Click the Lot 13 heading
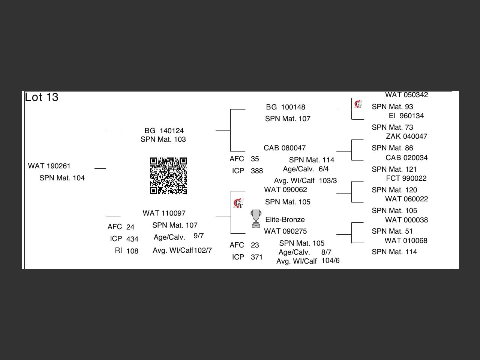click(42, 97)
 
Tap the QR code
click(168, 176)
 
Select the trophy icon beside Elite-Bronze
click(256, 219)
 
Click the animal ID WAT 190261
click(49, 166)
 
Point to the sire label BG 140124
click(164, 131)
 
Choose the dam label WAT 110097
click(164, 213)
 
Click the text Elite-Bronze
click(285, 220)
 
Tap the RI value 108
click(132, 251)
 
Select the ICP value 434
click(132, 239)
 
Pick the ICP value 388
click(257, 171)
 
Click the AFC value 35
click(255, 159)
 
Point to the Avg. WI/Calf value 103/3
click(328, 181)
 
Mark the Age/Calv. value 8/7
click(326, 252)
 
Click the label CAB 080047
click(285, 148)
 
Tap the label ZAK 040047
click(406, 136)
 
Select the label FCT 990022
click(406, 178)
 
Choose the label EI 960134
click(406, 116)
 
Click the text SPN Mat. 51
click(392, 231)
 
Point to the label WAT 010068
click(406, 241)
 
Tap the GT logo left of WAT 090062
click(238, 204)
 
